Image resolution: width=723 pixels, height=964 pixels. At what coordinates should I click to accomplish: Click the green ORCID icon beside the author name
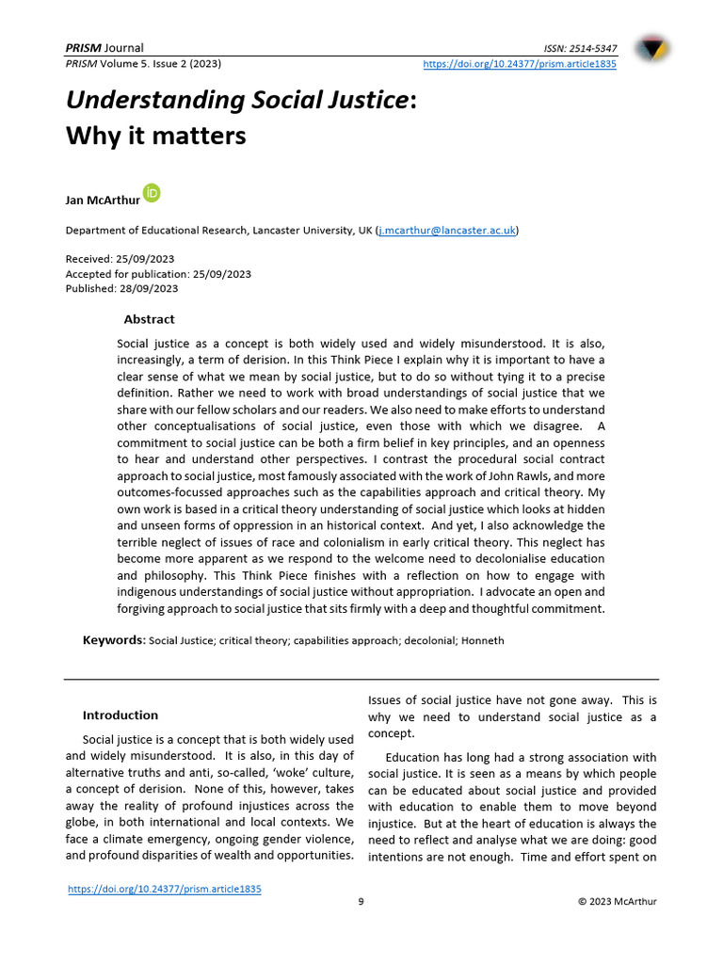(152, 193)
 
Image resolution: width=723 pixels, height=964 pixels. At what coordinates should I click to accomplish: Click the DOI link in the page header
(520, 64)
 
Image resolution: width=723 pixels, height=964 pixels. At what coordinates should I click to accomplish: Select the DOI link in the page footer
(165, 889)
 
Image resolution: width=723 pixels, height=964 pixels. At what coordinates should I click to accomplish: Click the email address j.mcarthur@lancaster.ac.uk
(447, 231)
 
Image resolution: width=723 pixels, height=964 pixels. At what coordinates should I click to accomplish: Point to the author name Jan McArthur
(102, 200)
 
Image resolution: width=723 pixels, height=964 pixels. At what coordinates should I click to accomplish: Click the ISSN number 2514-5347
(593, 48)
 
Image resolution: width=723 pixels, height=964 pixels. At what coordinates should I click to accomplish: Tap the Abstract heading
(149, 319)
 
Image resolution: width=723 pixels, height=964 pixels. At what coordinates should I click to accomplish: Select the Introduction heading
(120, 715)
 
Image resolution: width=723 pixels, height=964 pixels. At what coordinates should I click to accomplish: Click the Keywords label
(114, 640)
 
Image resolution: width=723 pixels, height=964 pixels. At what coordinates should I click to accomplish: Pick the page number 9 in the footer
(361, 902)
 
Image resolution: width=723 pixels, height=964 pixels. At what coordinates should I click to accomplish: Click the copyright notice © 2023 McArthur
(617, 902)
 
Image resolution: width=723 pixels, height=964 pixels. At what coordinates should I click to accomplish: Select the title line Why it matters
(155, 136)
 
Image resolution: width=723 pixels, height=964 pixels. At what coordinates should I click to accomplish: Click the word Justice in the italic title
(357, 100)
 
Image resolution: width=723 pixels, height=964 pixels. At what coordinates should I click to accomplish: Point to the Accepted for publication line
(158, 274)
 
